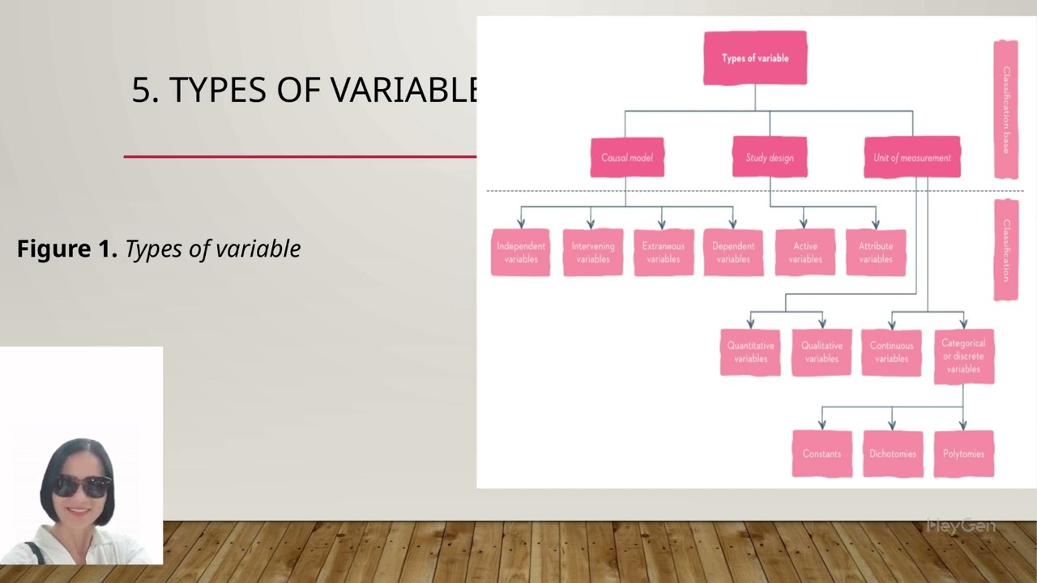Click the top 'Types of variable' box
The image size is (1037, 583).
tap(755, 58)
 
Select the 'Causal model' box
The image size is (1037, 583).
tap(627, 158)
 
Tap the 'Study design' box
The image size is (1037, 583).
tap(770, 158)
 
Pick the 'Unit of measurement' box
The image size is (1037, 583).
tap(912, 158)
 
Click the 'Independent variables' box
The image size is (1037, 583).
tap(521, 253)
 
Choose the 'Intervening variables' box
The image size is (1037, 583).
tap(593, 253)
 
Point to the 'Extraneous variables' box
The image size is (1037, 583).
tap(664, 253)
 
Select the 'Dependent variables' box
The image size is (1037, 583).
tap(733, 253)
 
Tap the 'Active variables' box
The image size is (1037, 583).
tap(805, 253)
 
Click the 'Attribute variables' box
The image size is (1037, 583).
tap(876, 253)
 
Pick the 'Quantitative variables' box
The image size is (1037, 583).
tap(750, 352)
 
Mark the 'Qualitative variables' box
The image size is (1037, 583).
tap(821, 352)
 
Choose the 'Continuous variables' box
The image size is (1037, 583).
tap(891, 352)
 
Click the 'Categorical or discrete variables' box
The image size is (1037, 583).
tap(963, 356)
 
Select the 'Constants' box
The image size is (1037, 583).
tap(821, 453)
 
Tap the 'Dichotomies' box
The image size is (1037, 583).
tap(893, 453)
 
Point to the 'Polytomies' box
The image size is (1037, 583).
tap(963, 453)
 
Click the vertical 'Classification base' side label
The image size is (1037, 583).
tap(1006, 109)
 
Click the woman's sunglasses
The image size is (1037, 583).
tap(81, 486)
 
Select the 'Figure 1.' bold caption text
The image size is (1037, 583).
tap(67, 249)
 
